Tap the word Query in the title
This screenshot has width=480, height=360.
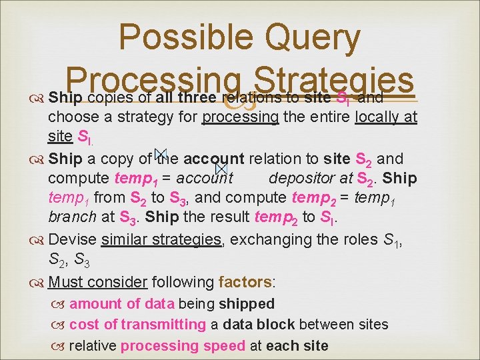click(x=314, y=38)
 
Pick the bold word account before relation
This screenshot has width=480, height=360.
click(x=214, y=159)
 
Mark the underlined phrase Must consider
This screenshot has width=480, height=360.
click(x=99, y=281)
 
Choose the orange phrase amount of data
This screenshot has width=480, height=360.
click(x=121, y=304)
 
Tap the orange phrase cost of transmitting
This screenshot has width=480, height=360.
click(x=137, y=325)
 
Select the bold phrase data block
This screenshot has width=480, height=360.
click(x=259, y=325)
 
